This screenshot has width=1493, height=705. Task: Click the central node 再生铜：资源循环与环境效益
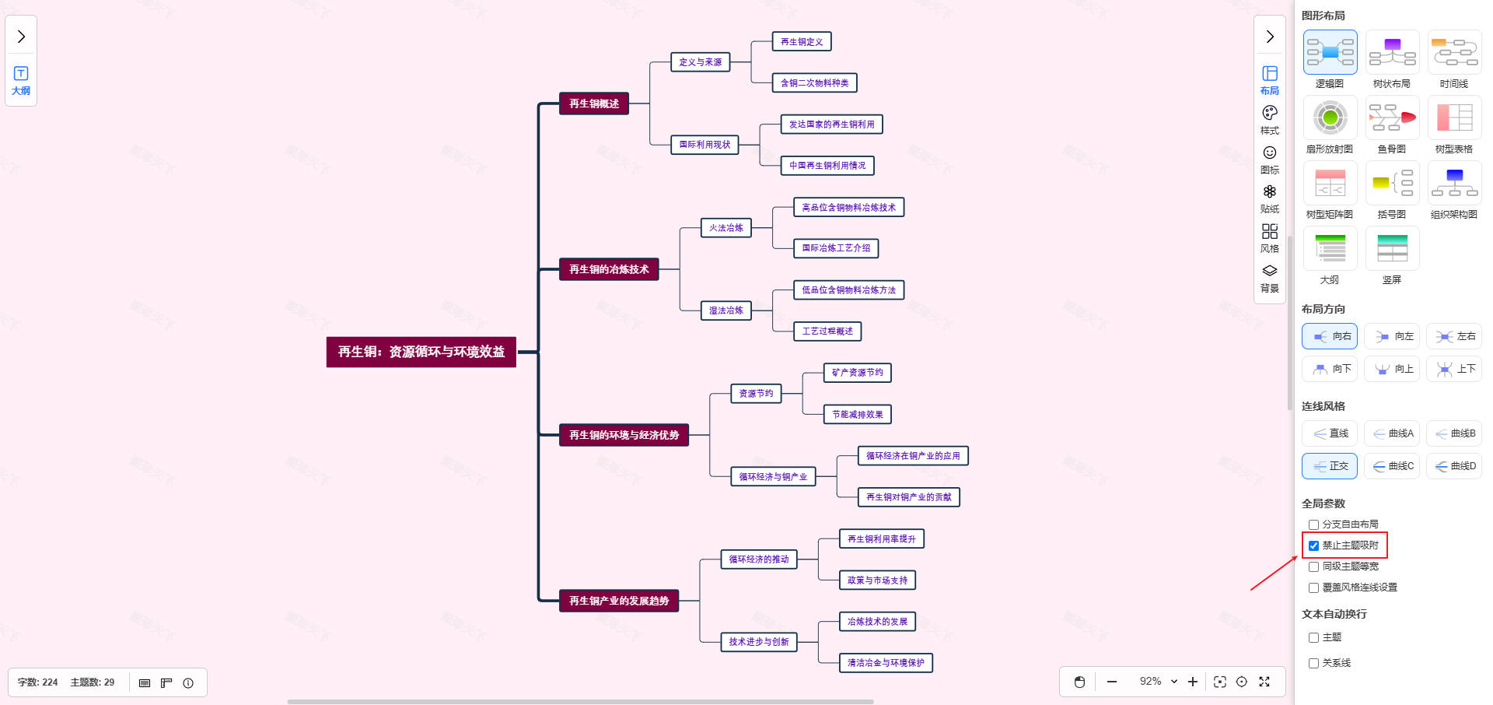[421, 352]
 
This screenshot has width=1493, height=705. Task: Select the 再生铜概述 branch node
[593, 103]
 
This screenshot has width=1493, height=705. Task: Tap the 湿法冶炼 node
[726, 310]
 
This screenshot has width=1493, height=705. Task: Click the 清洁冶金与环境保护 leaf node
[886, 663]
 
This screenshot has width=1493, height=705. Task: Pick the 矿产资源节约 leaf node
[857, 373]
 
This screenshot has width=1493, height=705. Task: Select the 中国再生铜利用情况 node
[827, 166]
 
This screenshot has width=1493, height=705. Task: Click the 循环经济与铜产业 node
[772, 476]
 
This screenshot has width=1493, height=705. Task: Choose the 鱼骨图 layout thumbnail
[1392, 118]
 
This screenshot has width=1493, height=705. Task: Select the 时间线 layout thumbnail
[1454, 53]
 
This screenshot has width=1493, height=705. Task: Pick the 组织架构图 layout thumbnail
[1454, 184]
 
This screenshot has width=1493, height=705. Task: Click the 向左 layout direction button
[1392, 336]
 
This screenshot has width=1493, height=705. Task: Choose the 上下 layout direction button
[1454, 369]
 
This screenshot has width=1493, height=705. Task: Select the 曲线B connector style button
[1454, 433]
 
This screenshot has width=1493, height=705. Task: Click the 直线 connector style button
[1330, 433]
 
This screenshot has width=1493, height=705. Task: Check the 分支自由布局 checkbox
[1313, 524]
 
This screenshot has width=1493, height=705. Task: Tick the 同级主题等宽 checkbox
[1313, 566]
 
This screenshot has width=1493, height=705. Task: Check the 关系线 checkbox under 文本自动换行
[1313, 663]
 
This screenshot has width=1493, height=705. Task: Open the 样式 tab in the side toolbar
[1269, 119]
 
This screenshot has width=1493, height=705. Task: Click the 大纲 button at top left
[21, 80]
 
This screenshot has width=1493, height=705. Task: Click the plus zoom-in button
[1193, 682]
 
